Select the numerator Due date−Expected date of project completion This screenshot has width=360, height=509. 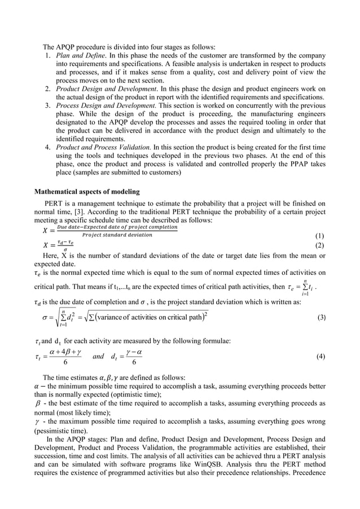point(117,227)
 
